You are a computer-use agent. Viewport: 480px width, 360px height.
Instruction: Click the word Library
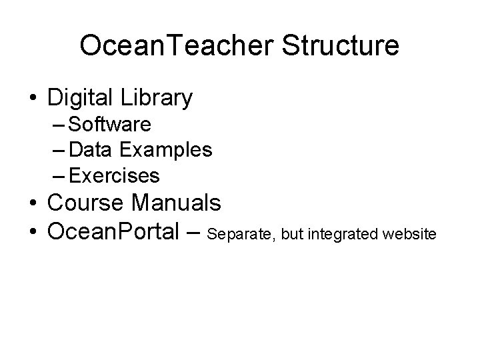point(157,99)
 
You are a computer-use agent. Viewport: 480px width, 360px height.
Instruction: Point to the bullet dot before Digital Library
point(33,99)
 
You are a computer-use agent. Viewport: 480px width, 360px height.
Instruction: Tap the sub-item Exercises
point(114,175)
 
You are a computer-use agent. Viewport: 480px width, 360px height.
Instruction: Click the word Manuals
point(181,201)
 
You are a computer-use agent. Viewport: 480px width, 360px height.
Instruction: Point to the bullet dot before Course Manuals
point(33,202)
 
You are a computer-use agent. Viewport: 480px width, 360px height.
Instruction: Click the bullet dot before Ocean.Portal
point(33,233)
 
